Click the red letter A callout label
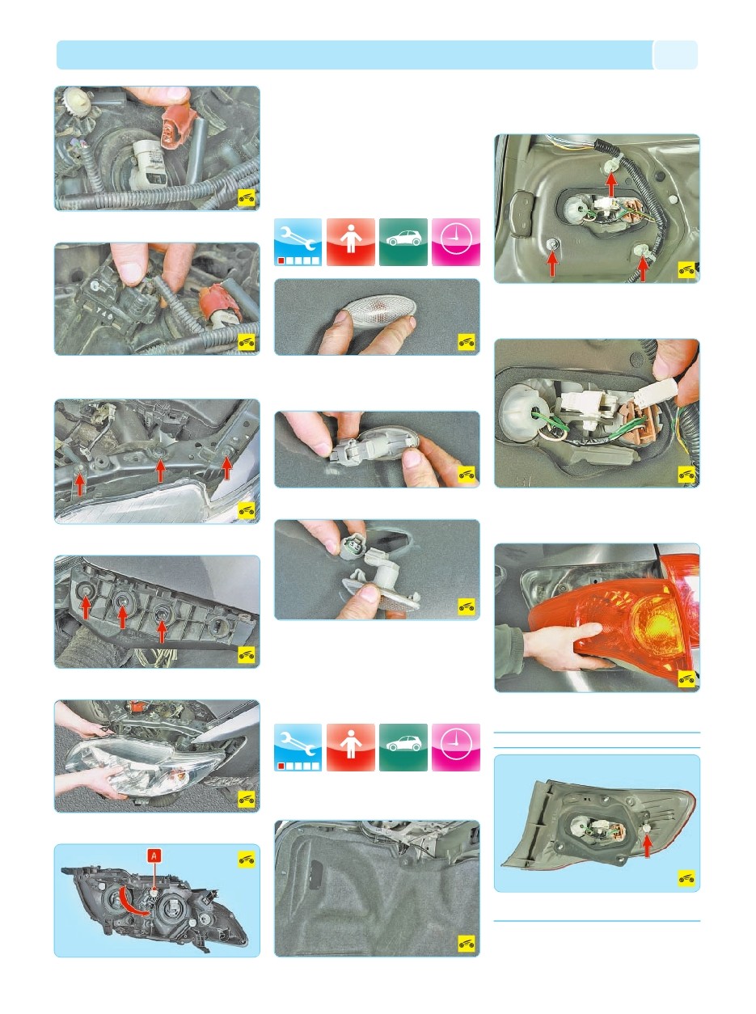tap(154, 856)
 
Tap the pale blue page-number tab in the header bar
tap(675, 55)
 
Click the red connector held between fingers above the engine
tap(175, 125)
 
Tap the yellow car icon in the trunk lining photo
tap(467, 944)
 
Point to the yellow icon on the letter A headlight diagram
tap(247, 860)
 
